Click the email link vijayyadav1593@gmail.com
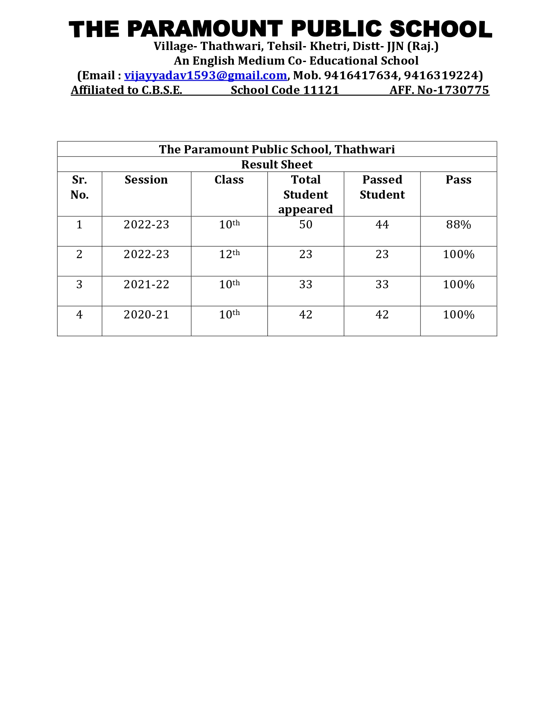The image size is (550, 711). pos(205,75)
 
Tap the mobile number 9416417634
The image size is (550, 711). pos(361,75)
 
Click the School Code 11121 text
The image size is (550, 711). pos(285,90)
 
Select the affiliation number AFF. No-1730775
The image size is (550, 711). pos(439,90)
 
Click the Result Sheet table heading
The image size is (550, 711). pos(277,164)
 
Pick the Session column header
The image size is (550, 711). pos(146,180)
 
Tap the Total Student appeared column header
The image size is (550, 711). pos(305,194)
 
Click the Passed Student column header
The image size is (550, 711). pos(382,187)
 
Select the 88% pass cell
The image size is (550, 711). pos(458,225)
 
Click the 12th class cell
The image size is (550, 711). pos(229,254)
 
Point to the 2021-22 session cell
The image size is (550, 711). pos(146,284)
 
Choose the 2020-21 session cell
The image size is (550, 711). pos(146,315)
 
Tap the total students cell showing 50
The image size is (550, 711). pos(305,225)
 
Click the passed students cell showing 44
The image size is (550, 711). pos(382,225)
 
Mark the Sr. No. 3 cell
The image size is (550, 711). pos(79,284)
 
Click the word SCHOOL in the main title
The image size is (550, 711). pos(440,29)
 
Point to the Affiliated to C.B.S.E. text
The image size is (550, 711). pos(126,90)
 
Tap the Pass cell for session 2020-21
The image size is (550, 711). pos(458,315)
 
